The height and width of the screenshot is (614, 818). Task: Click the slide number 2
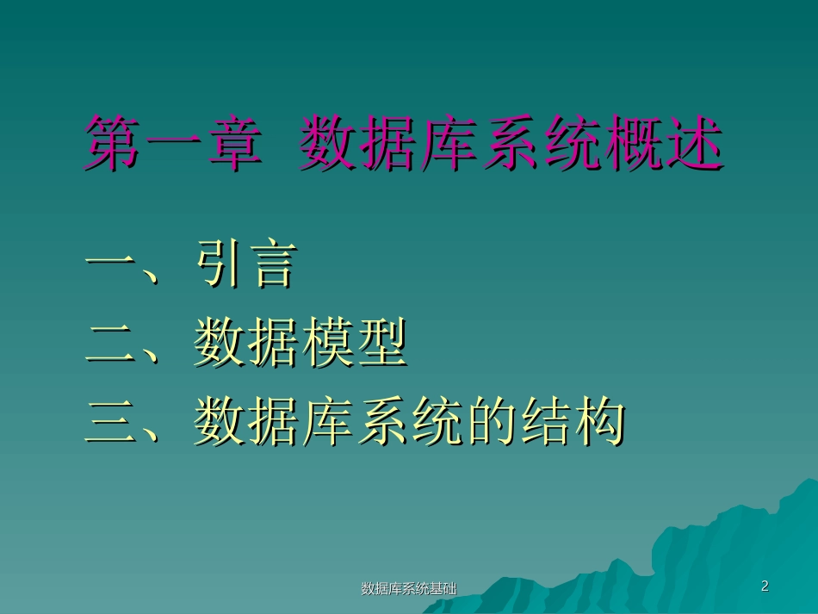point(765,587)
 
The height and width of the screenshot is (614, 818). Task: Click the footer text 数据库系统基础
point(408,589)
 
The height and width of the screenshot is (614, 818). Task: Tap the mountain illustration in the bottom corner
point(732,551)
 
